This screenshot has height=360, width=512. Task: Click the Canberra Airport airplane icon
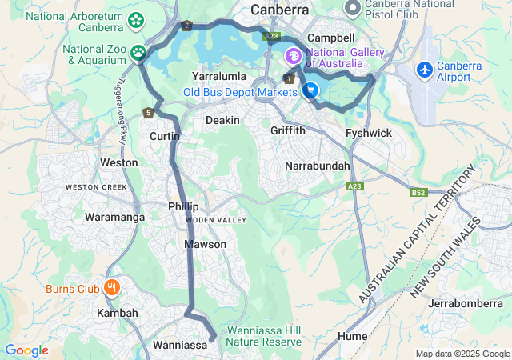coord(424,71)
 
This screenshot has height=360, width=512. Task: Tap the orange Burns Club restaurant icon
coord(111,288)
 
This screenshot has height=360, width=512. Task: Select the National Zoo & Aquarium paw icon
coord(139,53)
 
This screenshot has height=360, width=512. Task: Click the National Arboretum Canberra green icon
coord(136,19)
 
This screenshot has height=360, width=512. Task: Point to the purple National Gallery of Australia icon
coord(293,57)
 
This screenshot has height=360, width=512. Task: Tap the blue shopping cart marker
coord(310,91)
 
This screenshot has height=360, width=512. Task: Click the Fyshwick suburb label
coord(367,132)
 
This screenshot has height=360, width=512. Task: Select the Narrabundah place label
coord(318,166)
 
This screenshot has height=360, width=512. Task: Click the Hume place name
coord(353,336)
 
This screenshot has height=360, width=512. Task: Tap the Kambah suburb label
coord(118,313)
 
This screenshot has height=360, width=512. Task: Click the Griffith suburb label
coord(288,130)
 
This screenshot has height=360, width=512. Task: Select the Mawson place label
coord(206,244)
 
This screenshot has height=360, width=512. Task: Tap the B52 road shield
coord(418,193)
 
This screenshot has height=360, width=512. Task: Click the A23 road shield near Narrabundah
coord(355,186)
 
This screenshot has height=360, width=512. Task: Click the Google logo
coord(26,350)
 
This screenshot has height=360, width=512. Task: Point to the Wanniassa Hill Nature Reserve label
coord(264,336)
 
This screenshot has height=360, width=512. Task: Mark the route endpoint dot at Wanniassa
coord(213,339)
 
